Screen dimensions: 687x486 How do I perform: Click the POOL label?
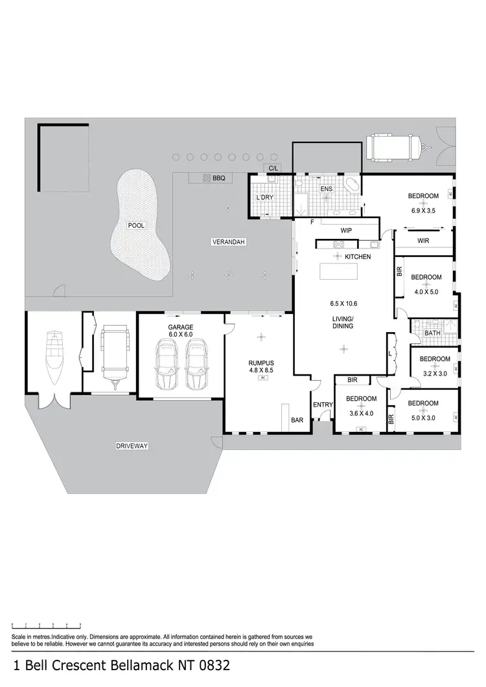coord(136,225)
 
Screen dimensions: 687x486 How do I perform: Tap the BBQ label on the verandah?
coord(218,177)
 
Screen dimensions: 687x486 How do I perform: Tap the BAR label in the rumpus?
coord(297,420)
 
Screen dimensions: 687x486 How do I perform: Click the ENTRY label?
coord(322,405)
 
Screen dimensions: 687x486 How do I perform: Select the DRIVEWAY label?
coord(132,446)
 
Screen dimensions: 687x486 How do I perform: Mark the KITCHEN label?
coord(357,257)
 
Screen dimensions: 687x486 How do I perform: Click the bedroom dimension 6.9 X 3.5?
coord(423,210)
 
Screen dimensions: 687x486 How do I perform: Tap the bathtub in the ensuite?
coord(351,185)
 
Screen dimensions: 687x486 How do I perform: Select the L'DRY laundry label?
coord(265,197)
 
